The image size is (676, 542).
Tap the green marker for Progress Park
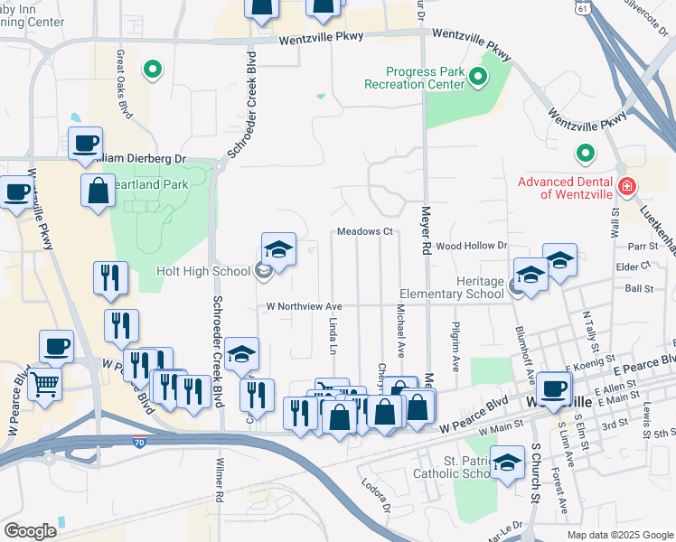478,79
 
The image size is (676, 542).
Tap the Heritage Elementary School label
453,287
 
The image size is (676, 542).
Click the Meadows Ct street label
365,232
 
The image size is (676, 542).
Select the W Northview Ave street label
304,306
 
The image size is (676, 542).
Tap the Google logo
30,531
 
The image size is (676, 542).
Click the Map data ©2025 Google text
620,535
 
